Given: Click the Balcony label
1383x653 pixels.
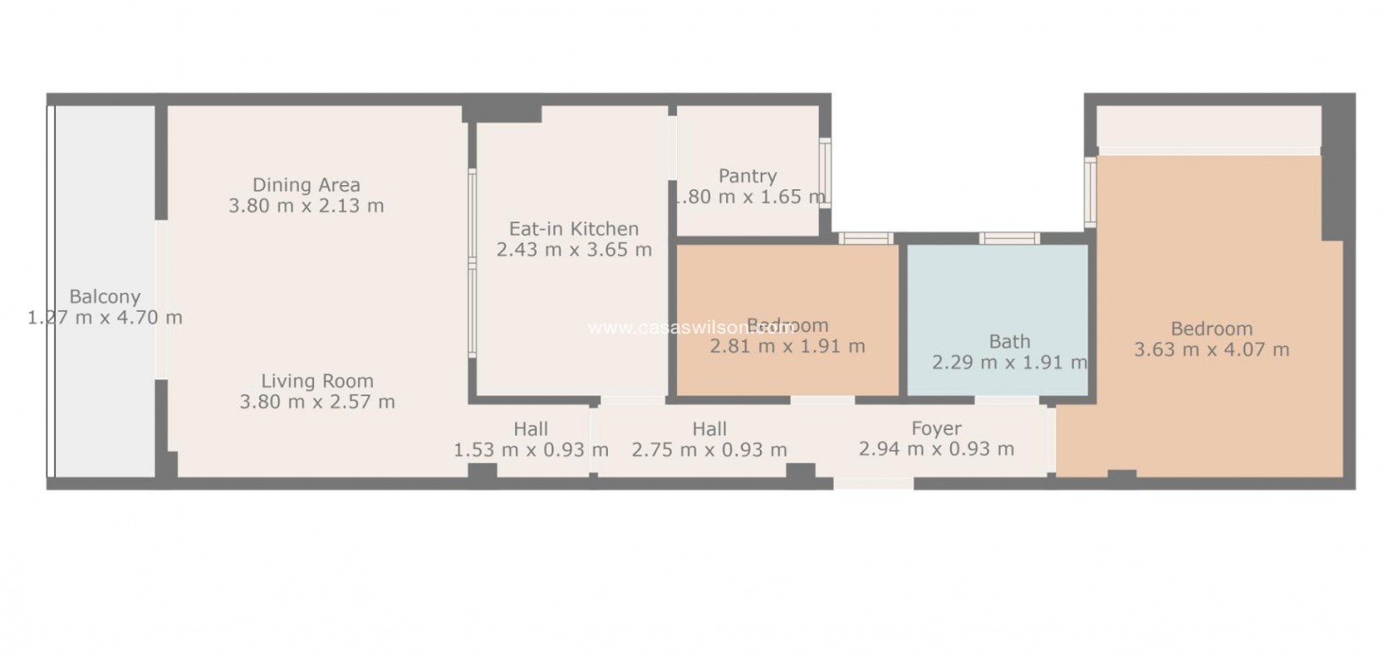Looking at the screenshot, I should (105, 297).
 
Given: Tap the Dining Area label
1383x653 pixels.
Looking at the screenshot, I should (306, 184).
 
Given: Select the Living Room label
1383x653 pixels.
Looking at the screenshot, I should (317, 381).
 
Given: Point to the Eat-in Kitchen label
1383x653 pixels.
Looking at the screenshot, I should (573, 228).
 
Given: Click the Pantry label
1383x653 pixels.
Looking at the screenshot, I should (747, 176).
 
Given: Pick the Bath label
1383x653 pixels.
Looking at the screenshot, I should (1009, 341).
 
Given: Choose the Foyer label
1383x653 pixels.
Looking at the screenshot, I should (936, 428).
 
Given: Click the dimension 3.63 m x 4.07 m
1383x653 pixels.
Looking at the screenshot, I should (1211, 350).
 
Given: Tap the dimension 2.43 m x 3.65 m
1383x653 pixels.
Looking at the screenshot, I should (573, 249).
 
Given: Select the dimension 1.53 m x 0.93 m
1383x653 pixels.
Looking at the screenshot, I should (530, 449).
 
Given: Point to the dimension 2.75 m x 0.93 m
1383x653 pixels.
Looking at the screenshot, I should (709, 449).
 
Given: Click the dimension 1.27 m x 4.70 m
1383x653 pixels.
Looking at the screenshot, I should (105, 318).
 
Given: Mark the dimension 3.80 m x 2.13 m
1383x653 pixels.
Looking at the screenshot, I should (306, 205).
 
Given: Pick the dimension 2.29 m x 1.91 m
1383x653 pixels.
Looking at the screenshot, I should (1009, 362).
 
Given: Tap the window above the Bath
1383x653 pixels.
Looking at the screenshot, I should (1009, 238).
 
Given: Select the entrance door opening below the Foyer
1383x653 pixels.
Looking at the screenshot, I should (873, 483).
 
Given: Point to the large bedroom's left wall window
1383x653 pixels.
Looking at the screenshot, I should (1090, 191).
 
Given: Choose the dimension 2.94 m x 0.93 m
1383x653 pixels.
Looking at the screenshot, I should (936, 449).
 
